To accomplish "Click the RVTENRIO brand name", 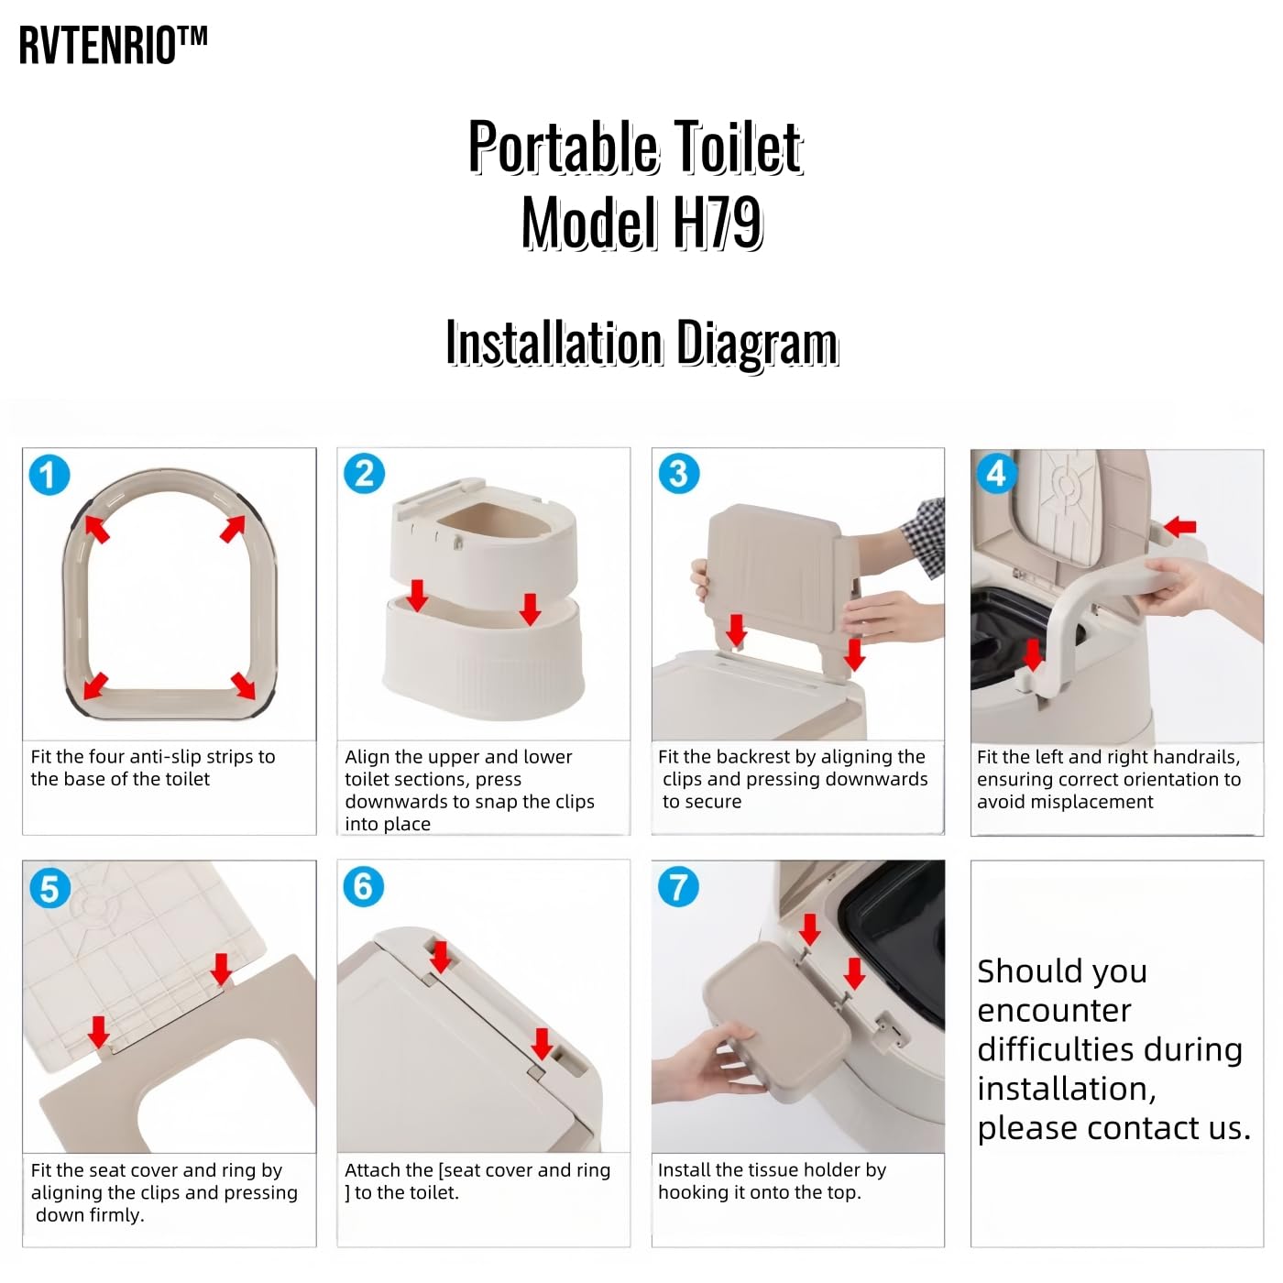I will pos(112,46).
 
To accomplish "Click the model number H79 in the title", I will pos(717,223).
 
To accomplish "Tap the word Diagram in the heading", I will pos(757,344).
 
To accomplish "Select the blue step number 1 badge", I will pos(49,475).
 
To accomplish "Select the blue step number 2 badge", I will pos(364,474).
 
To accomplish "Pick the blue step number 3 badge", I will pos(678,474).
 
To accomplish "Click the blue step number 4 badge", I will pos(996,474).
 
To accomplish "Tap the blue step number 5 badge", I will pos(49,888).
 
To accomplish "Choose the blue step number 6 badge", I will pos(364,887).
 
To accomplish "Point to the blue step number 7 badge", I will pos(678,887).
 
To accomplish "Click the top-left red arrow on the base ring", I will pos(96,528).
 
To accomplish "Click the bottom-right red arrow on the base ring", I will pos(244,685).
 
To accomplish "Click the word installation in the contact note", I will pos(1066,1089).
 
